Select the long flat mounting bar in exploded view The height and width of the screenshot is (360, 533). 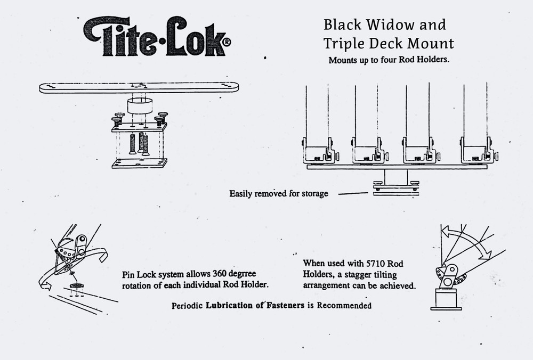pos(139,87)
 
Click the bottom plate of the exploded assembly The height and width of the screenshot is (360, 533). pos(139,163)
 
